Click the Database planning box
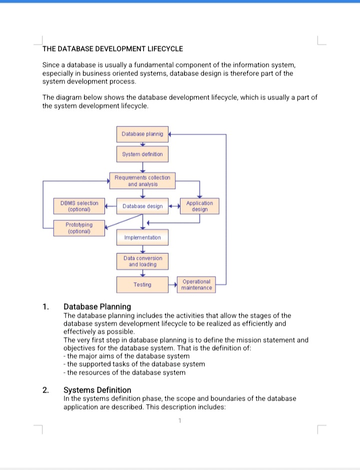[142, 134]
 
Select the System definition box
[142, 154]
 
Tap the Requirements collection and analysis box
[142, 180]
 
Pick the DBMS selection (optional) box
[79, 206]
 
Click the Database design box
[142, 206]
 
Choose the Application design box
[199, 206]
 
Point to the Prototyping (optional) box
[79, 228]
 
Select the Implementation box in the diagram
[142, 238]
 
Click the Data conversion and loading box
[142, 261]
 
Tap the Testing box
[142, 285]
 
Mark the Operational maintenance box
[196, 285]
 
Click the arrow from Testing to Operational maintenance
[172, 285]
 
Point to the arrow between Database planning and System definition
[142, 144]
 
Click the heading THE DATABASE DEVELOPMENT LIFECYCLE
[112, 49]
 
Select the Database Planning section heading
[97, 307]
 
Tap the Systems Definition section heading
[97, 390]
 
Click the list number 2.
[45, 390]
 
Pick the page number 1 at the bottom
[179, 420]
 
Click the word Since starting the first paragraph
[51, 65]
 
